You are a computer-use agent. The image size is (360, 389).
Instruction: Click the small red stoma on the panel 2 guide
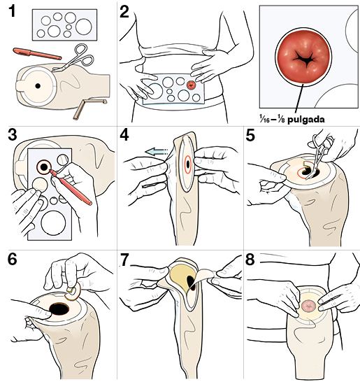click(x=192, y=85)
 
